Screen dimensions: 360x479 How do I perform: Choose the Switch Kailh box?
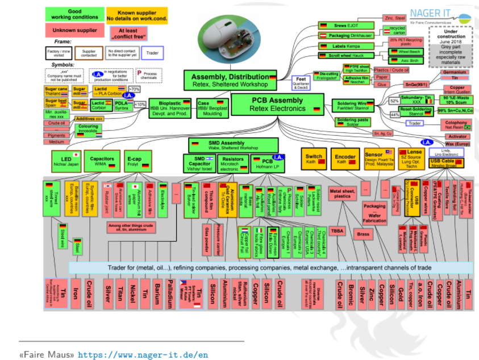coord(314,159)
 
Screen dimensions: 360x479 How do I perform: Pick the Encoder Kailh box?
coord(345,159)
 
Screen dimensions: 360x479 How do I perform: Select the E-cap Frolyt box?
coord(135,161)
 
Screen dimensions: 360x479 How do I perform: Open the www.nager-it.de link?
coord(142,354)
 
